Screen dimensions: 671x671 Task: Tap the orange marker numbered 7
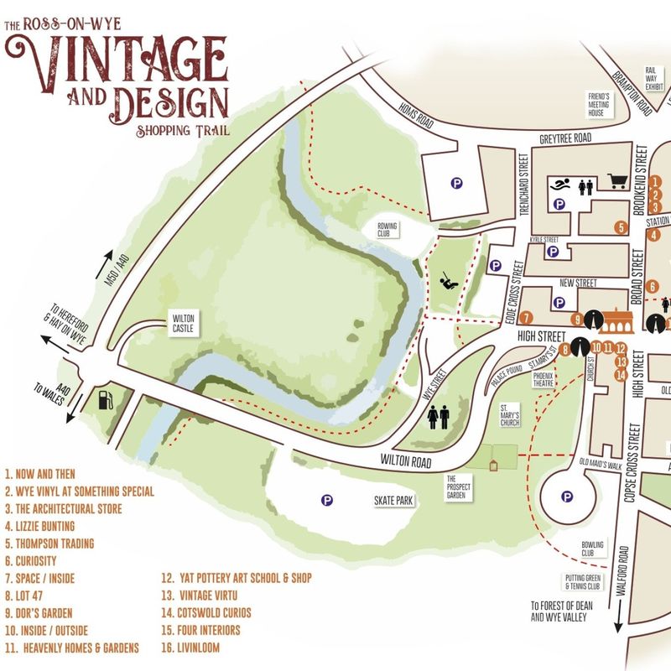(525, 318)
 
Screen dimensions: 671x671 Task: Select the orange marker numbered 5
(621, 227)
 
